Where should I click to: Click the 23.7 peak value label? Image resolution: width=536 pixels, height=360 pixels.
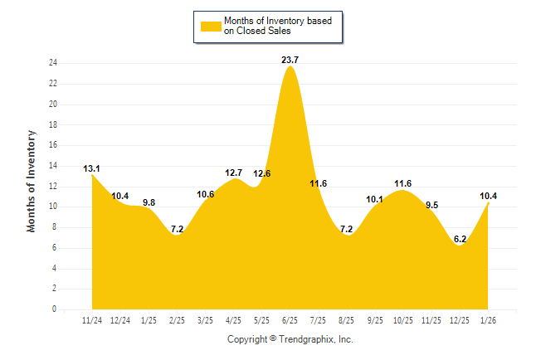(290, 60)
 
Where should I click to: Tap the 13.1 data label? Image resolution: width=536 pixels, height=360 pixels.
(91, 169)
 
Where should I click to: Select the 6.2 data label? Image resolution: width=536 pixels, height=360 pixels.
(460, 239)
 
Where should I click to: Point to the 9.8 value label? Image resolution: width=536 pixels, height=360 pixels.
(149, 202)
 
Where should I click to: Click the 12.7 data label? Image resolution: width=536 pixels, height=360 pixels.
(233, 173)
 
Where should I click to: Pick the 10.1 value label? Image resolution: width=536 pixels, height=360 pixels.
(374, 199)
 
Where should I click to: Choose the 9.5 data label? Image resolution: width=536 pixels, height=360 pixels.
(431, 204)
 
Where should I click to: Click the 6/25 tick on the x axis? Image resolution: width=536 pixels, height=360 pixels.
(290, 319)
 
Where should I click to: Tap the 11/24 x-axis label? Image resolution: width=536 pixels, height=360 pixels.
(91, 319)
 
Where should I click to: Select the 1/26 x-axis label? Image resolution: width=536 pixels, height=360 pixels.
(489, 319)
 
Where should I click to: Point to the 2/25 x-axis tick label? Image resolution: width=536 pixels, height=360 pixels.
(177, 319)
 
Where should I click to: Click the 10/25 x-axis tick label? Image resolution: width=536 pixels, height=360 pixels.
(403, 319)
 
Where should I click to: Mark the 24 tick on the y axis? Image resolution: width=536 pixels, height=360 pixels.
(52, 63)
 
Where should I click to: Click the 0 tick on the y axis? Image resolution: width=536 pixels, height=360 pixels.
(54, 309)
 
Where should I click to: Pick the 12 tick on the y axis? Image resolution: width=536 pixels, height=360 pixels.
(52, 187)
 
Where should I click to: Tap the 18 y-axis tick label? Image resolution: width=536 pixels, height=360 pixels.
(52, 124)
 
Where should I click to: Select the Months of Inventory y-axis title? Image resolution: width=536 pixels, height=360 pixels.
(32, 180)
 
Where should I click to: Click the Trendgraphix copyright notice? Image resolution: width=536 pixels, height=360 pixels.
(290, 339)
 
